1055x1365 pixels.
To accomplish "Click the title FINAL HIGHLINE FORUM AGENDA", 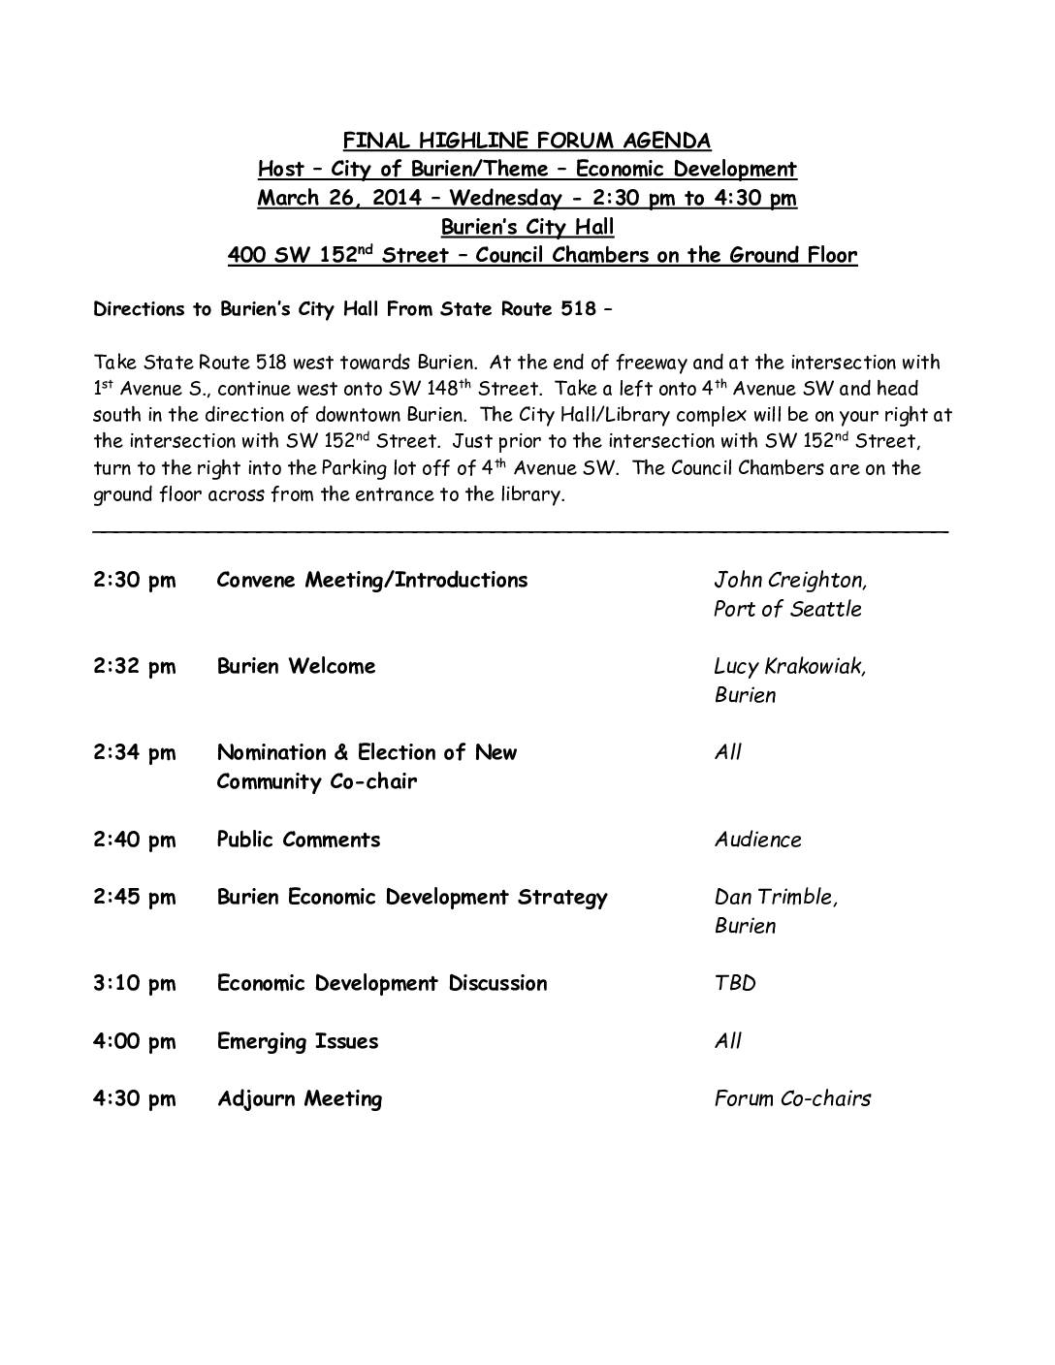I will click(527, 141).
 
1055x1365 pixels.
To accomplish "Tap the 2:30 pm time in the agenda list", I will click(135, 581).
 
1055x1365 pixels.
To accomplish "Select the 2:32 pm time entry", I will click(135, 667).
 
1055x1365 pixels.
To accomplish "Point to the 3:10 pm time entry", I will click(135, 984).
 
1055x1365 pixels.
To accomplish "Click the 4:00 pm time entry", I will click(135, 1042).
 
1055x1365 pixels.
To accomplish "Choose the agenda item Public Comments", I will click(299, 840).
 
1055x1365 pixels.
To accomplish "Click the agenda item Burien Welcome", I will click(296, 667).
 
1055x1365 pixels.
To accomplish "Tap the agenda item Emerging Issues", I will click(298, 1042).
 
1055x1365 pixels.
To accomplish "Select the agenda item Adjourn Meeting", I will click(300, 1099).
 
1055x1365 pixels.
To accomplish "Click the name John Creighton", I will click(790, 581).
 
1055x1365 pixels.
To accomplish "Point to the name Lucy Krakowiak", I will click(790, 667).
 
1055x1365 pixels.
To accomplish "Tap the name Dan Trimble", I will click(776, 898).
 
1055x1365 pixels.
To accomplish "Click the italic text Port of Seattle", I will click(787, 610).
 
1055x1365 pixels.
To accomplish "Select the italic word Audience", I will click(758, 840).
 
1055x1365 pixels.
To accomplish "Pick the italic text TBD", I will click(735, 984).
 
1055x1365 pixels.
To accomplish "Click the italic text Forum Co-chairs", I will click(792, 1099).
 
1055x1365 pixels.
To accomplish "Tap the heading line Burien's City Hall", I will click(527, 228).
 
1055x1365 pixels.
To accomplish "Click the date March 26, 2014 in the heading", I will click(339, 199).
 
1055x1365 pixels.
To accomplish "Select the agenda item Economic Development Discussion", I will click(382, 984).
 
